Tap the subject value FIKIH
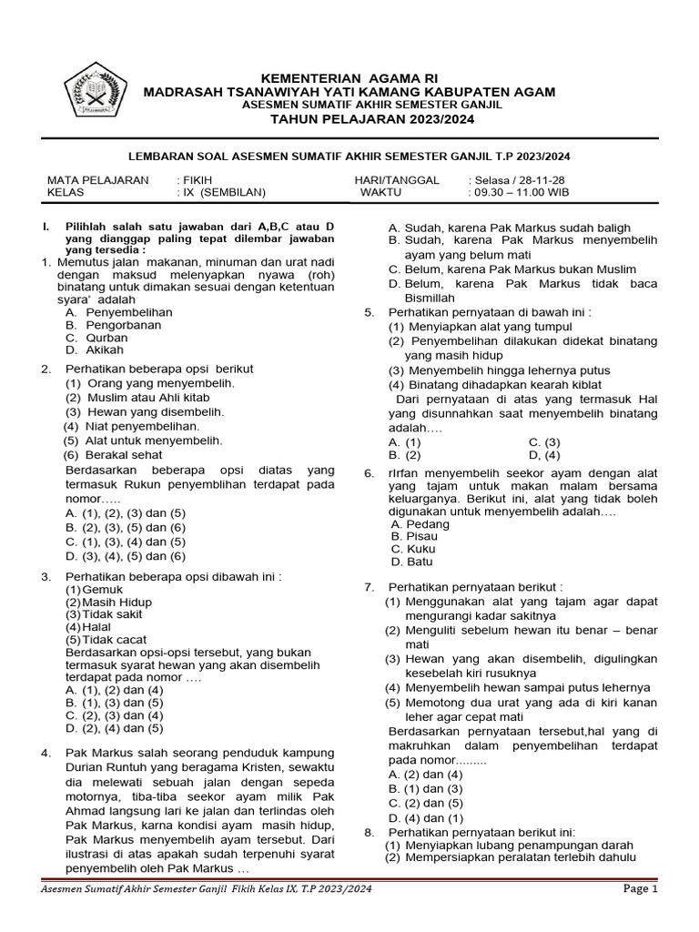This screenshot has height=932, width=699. click(x=194, y=180)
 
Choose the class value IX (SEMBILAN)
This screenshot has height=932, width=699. click(x=220, y=193)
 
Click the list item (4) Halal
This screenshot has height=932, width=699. click(x=86, y=627)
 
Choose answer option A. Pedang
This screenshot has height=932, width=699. click(x=420, y=524)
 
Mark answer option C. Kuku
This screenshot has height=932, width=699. click(x=414, y=549)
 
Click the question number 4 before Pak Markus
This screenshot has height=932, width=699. click(x=46, y=753)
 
